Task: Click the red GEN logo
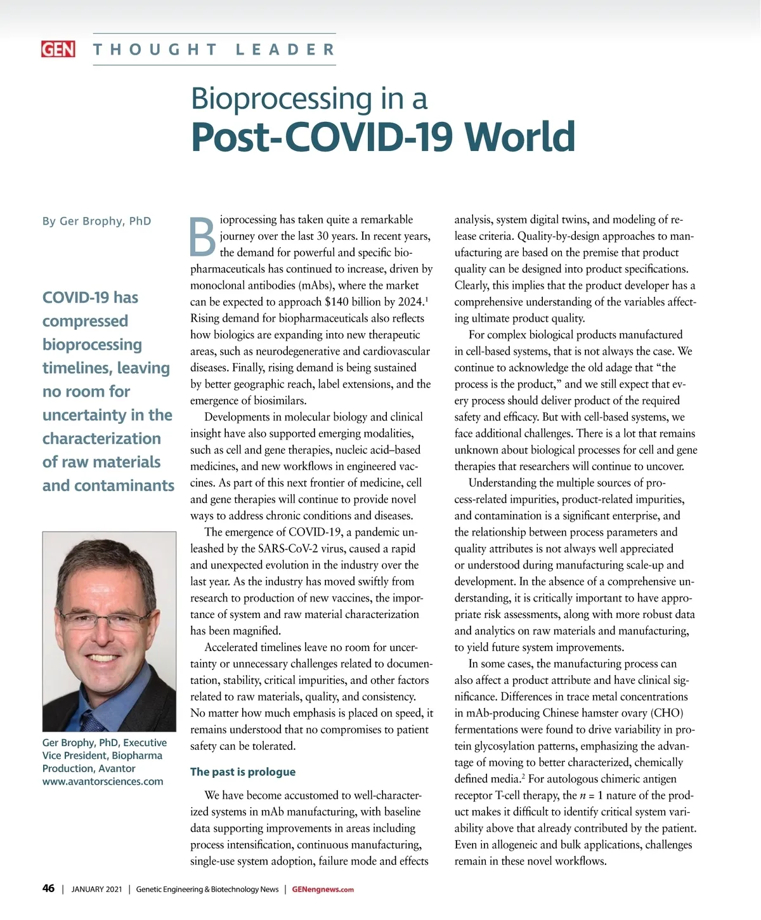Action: pos(58,49)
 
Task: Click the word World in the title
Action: pos(519,136)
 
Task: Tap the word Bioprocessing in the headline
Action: pos(282,98)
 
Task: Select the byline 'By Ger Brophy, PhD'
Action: pos(96,221)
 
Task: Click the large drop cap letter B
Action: pos(204,237)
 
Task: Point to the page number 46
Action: pos(48,888)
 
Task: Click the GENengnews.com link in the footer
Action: pos(323,890)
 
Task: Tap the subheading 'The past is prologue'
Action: pos(243,772)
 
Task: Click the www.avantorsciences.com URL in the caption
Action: pos(103,781)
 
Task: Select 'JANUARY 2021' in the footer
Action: pos(96,890)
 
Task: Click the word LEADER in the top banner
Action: pos(285,49)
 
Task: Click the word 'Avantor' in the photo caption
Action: pos(117,768)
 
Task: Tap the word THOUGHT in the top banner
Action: pos(155,49)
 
